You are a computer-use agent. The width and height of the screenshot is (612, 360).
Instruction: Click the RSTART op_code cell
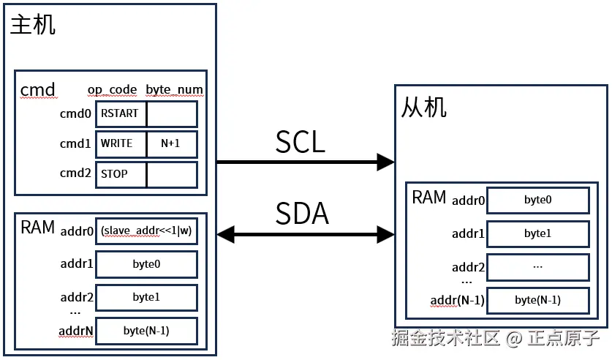[x=121, y=114]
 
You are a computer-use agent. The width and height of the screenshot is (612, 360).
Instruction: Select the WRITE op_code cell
[x=121, y=144]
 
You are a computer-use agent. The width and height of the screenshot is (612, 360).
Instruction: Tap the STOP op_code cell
[x=121, y=174]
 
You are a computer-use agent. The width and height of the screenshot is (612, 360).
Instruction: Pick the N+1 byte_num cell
[x=172, y=144]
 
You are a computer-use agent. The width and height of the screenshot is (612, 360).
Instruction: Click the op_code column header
[x=113, y=89]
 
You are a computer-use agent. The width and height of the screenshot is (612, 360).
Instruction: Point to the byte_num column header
[x=174, y=89]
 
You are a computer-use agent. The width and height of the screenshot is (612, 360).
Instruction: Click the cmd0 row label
[x=75, y=114]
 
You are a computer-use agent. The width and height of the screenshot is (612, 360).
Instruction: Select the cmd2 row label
[x=75, y=174]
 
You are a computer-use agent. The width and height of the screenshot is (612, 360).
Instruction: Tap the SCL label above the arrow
[x=300, y=143]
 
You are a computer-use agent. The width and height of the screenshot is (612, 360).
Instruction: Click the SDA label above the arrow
[x=301, y=213]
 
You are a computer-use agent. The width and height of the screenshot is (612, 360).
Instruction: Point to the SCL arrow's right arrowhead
[x=385, y=162]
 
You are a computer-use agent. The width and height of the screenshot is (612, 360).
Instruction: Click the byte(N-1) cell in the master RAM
[x=146, y=331]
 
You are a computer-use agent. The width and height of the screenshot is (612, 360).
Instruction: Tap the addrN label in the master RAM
[x=75, y=331]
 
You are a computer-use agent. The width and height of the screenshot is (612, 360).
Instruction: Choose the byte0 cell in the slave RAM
[x=537, y=200]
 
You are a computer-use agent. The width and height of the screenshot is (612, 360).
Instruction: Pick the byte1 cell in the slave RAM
[x=537, y=233]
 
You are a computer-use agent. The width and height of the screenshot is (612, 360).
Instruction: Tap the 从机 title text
[x=424, y=108]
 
